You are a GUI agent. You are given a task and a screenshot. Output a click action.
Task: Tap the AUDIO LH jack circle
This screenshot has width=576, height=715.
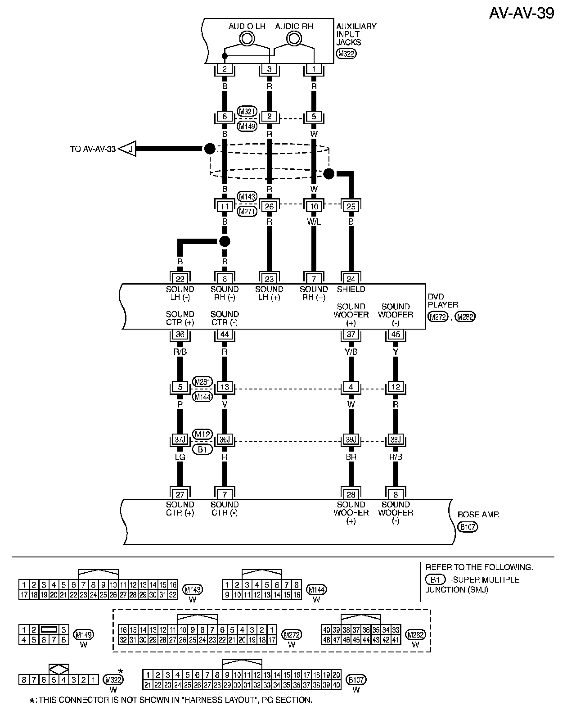pos(247,39)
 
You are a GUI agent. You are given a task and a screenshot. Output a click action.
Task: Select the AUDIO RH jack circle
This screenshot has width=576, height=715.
pos(293,39)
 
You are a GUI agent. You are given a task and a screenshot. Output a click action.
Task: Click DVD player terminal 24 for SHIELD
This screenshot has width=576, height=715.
pos(351,279)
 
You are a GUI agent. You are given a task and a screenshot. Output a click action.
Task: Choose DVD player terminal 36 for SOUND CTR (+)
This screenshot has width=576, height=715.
pos(180,335)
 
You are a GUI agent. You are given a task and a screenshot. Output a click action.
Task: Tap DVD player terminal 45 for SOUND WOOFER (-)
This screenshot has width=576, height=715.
pos(396,335)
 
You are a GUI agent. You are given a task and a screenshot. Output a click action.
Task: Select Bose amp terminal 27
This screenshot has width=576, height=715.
pos(180,494)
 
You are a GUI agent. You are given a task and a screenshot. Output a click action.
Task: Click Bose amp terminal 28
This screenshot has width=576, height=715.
pos(351,494)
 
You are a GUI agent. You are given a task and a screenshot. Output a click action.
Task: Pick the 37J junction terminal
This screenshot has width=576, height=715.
pos(180,440)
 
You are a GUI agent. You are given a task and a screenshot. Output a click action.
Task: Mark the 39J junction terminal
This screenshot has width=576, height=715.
pos(351,440)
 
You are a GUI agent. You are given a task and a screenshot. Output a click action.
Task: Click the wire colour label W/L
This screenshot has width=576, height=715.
pos(314,222)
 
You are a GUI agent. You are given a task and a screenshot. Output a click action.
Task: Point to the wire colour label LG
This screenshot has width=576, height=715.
pos(180,457)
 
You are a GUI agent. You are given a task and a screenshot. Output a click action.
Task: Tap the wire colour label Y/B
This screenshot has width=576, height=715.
pos(351,352)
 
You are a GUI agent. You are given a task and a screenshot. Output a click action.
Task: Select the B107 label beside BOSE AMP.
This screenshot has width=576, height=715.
pos(468,526)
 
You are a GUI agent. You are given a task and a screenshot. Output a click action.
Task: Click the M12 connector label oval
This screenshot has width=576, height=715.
pos(202,434)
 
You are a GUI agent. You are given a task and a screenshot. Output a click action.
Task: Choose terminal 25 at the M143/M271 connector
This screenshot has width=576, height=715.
pos(351,206)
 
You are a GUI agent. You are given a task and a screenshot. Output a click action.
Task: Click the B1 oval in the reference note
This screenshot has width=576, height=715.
pos(435,579)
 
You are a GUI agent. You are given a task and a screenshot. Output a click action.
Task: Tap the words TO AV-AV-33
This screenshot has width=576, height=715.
pos(93,149)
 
